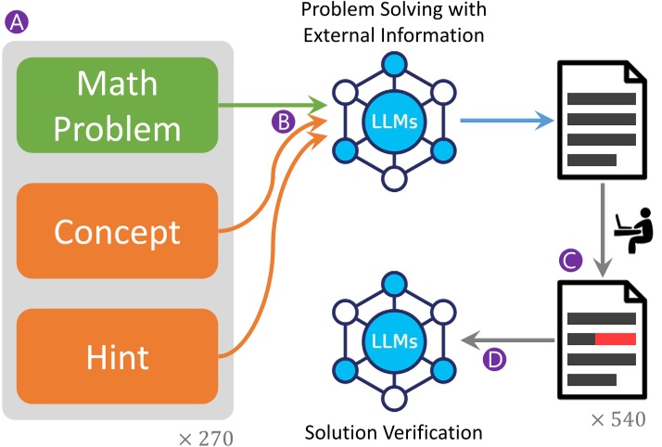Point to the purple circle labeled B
click(284, 121)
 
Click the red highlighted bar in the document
click(615, 338)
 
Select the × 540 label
click(617, 419)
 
